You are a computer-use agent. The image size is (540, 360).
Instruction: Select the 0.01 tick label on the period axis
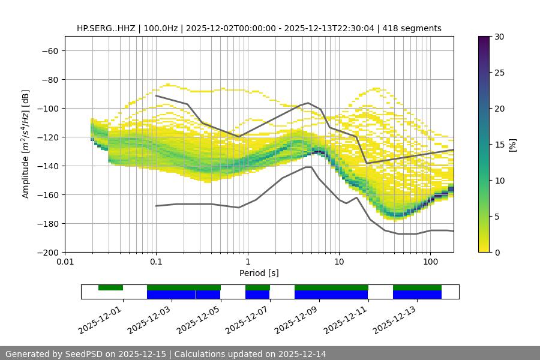pos(65,262)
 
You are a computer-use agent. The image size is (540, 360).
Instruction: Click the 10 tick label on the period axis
pos(339,262)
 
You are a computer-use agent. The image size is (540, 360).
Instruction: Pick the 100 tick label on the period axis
pos(430,262)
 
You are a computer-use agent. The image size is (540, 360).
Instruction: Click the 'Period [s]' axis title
pos(259,273)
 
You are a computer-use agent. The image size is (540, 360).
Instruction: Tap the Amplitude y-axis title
pos(26,144)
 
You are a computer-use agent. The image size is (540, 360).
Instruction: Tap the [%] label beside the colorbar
pos(512,145)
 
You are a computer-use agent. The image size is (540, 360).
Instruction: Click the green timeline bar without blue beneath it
pos(110,287)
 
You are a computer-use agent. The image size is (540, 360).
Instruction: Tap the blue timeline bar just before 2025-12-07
pos(257,295)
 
